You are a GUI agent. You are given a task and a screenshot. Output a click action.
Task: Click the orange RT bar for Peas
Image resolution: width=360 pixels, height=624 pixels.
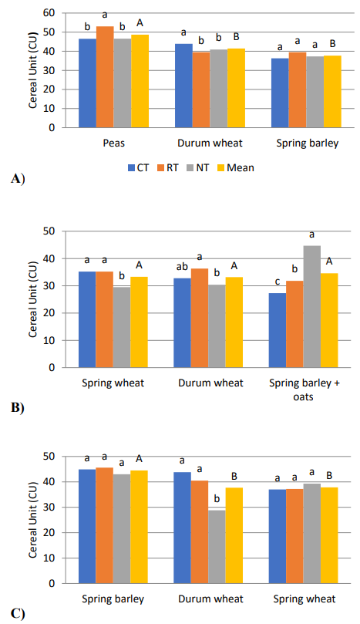pos(105,77)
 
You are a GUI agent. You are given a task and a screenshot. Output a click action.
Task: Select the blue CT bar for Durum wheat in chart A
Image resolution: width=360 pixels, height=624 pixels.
pos(183,86)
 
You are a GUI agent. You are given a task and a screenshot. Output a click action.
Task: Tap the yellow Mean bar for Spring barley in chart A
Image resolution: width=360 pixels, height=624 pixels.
pos(332,92)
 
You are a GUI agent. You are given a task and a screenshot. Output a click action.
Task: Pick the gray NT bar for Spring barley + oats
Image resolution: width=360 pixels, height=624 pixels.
pos(312,306)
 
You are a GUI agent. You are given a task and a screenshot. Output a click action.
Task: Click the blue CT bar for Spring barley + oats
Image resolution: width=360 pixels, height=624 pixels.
pos(278,330)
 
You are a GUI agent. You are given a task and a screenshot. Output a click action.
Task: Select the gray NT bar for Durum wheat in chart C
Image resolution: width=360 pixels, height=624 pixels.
pos(217,547)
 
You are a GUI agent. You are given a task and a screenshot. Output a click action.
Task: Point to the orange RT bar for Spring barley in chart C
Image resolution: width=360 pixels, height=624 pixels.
pos(104,525)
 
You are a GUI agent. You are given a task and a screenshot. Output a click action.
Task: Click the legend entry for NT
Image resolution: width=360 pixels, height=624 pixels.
pos(197,168)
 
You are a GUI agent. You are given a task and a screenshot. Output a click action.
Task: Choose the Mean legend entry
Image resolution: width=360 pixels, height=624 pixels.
pos(235,168)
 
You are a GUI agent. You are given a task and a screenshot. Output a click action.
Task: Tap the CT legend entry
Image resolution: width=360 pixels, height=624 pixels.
pos(139,168)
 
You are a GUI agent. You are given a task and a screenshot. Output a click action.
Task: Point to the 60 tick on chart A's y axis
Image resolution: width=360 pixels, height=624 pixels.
pos(49,13)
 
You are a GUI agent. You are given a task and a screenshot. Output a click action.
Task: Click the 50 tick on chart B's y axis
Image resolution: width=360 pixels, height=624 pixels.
pos(49,231)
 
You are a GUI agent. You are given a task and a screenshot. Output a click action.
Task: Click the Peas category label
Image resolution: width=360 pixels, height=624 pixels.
pos(114,143)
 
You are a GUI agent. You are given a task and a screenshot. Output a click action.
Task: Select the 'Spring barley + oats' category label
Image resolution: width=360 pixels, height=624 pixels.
pos(304,390)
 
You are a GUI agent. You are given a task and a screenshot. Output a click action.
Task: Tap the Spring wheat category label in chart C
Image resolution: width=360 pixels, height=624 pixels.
pos(304,599)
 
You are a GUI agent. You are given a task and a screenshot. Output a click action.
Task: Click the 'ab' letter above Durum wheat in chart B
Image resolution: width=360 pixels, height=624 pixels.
pos(182,267)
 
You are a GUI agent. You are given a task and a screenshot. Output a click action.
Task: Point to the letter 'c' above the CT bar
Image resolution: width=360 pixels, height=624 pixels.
pos(278,282)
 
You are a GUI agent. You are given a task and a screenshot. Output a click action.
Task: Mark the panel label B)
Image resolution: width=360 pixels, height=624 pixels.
pos(18,408)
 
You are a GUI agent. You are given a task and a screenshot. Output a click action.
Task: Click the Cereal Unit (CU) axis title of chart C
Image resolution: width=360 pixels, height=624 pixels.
pos(32,520)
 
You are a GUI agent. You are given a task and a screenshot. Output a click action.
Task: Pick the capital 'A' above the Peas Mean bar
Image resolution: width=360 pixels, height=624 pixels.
pos(140,23)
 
